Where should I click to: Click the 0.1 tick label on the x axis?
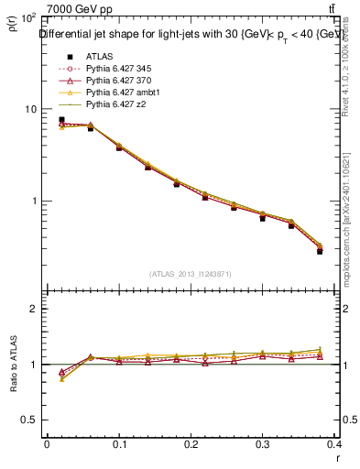119,444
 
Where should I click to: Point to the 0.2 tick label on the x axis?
191,444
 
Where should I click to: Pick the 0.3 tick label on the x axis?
264,444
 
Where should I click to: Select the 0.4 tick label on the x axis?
335,444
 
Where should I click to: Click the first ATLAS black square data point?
61,119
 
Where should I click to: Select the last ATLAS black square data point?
320,251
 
